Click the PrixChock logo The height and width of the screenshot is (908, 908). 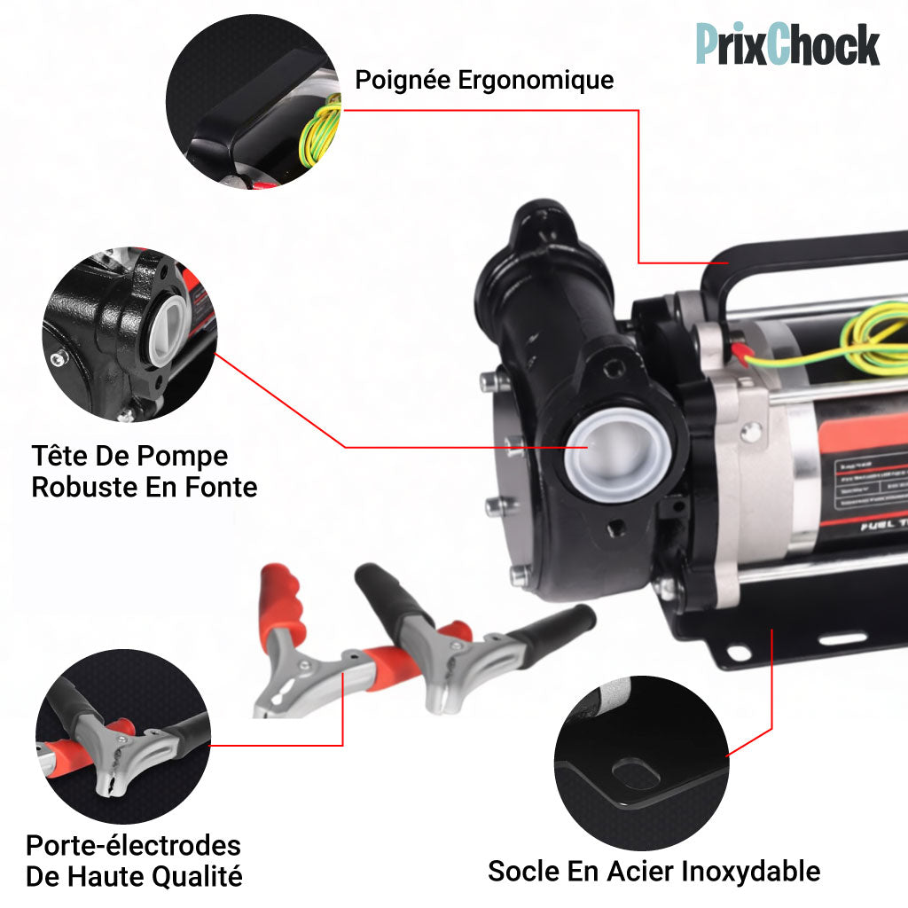coord(787,43)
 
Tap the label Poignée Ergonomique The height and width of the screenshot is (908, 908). coord(484,80)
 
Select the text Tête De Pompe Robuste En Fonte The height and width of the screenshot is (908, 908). coord(144,471)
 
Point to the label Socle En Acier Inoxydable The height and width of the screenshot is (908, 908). coord(654,870)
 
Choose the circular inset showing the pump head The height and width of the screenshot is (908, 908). coord(129,334)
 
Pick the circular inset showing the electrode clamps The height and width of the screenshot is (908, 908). coord(122,736)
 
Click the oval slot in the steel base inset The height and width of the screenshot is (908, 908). coord(637,774)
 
